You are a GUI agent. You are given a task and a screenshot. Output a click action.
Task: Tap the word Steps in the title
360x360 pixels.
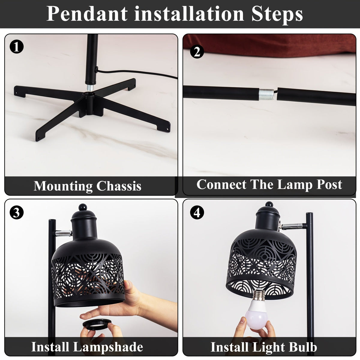pos(277,15)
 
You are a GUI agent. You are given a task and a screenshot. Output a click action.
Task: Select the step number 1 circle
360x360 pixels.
pos(16,46)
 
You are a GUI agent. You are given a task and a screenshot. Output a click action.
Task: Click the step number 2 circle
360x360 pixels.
pos(197,51)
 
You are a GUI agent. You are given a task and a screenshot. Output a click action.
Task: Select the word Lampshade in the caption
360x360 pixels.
pos(108,347)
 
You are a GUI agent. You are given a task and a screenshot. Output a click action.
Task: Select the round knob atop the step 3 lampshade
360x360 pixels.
pos(83,207)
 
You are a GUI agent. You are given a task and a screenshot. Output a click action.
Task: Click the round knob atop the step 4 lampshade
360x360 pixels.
pos(269,204)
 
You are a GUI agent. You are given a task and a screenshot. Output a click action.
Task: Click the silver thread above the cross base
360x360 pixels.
pos(90,88)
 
